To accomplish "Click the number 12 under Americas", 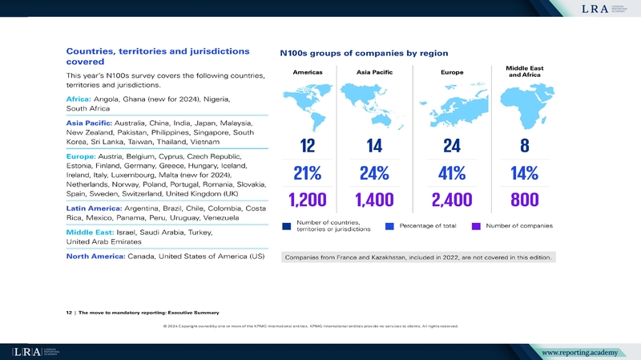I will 308,146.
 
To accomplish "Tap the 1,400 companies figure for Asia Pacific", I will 374,200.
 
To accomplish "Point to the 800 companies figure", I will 525,200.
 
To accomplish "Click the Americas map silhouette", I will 308,107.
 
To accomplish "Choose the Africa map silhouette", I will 524,107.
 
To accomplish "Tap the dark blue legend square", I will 286,226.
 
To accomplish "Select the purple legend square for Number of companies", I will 476,226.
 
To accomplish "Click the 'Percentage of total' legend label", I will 427,226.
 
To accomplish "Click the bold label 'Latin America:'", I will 95,208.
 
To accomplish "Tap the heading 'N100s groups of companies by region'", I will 363,54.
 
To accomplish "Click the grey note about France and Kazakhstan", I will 417,257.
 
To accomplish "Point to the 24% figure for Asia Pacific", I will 374,173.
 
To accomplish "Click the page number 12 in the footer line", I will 68,312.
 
